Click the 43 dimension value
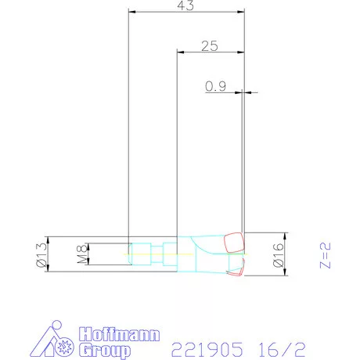186,5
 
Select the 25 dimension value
209,46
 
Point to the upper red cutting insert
233,242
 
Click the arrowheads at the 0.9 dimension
244,93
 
